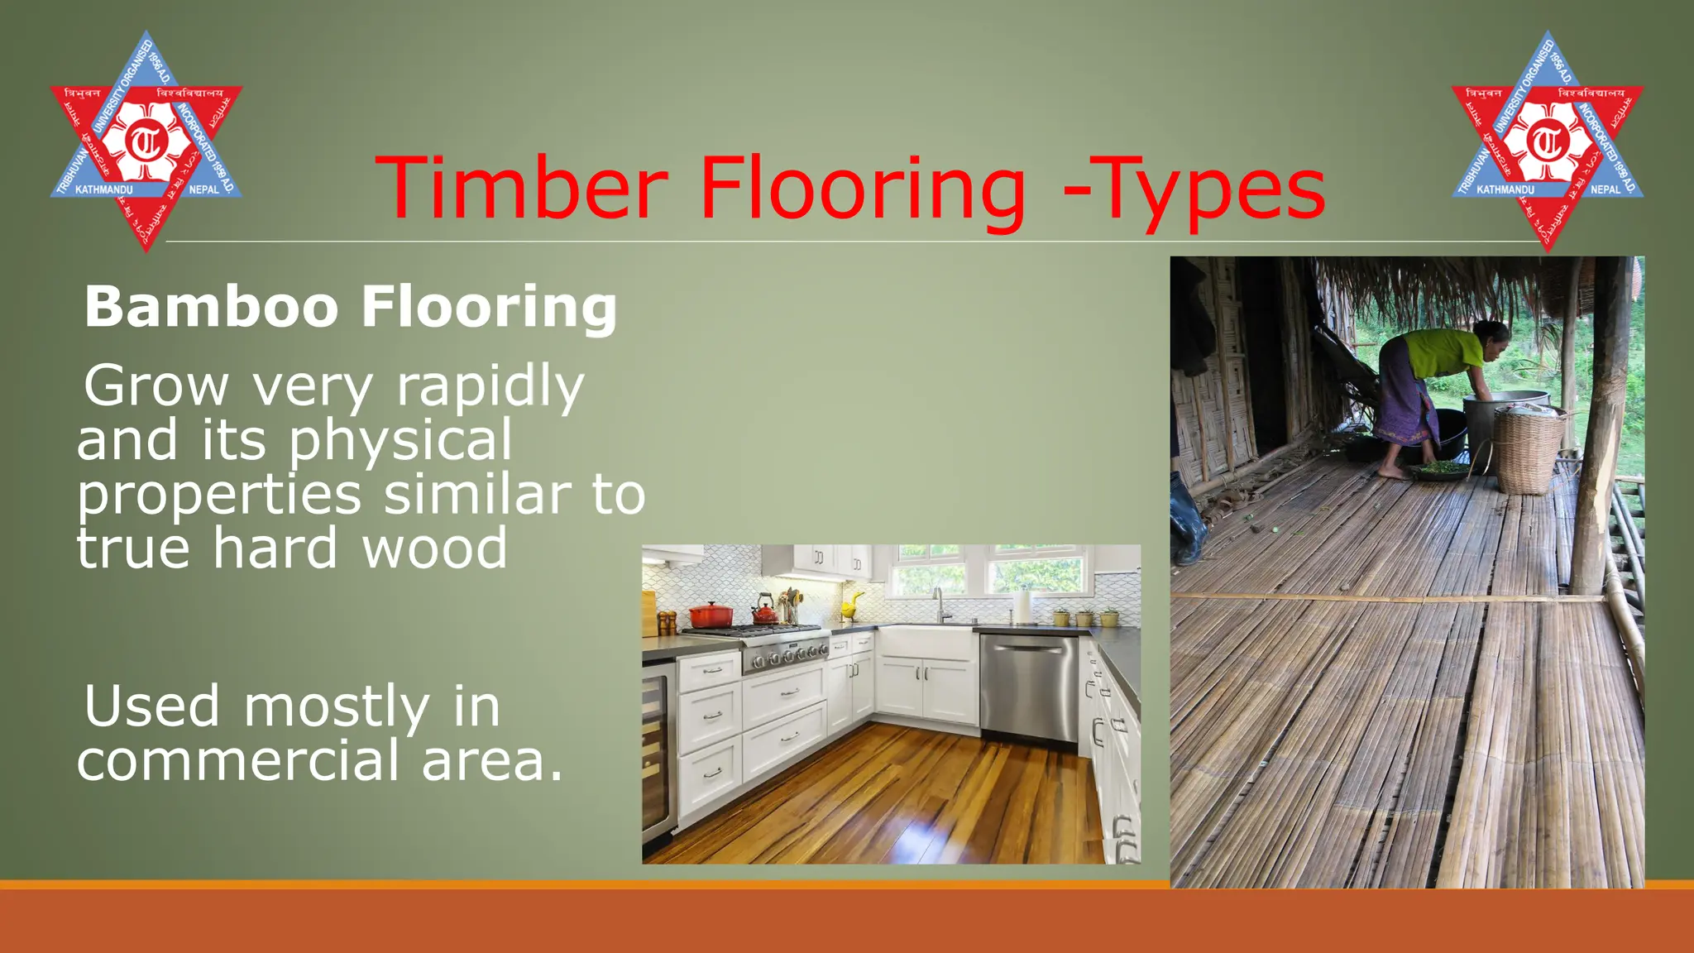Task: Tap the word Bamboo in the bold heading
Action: click(212, 307)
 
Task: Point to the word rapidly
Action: click(490, 386)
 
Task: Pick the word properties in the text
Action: click(219, 494)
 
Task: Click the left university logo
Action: click(146, 141)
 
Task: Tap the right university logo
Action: click(1547, 141)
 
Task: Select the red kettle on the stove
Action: click(764, 613)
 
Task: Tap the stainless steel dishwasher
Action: click(1029, 687)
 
